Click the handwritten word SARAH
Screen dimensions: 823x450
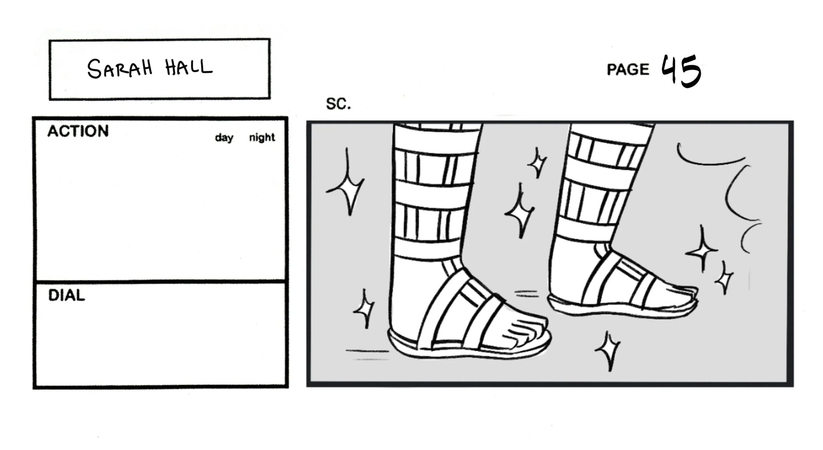click(x=120, y=69)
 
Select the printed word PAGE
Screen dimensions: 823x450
click(x=628, y=70)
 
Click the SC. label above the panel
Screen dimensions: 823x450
click(x=338, y=104)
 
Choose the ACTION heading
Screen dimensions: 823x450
click(x=78, y=131)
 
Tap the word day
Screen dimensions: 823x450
click(x=224, y=138)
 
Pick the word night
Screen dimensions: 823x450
click(x=262, y=137)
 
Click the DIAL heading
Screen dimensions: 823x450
click(x=66, y=295)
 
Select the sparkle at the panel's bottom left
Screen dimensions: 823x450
click(x=364, y=309)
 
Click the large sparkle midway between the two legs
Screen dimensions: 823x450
click(x=520, y=212)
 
